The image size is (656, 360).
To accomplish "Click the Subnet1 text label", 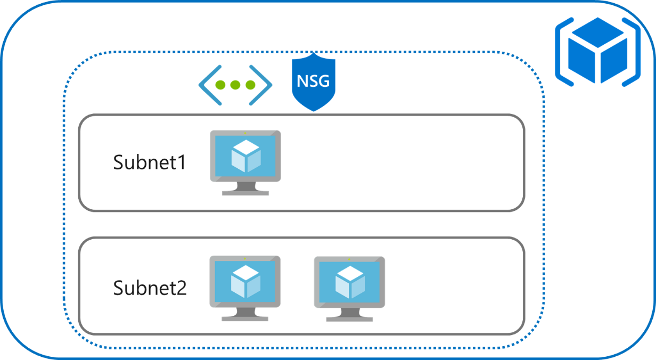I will pos(150,162).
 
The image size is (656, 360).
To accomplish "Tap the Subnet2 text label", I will pos(150,288).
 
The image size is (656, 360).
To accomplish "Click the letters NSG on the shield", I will pos(313,81).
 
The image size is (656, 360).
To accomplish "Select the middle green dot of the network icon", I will pos(235,85).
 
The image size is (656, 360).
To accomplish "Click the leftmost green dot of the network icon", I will pos(220,85).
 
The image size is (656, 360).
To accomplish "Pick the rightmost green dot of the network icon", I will pos(251,85).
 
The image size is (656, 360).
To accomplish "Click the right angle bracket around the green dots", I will pos(265,85).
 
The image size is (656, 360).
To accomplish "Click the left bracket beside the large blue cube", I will pos(562,51).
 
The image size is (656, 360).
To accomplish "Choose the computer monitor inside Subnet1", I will pos(245,158).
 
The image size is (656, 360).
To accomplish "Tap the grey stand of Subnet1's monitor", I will pos(245,189).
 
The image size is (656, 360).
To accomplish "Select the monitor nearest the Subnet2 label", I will pos(245,283).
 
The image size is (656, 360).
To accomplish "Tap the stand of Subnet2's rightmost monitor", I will pos(349,315).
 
